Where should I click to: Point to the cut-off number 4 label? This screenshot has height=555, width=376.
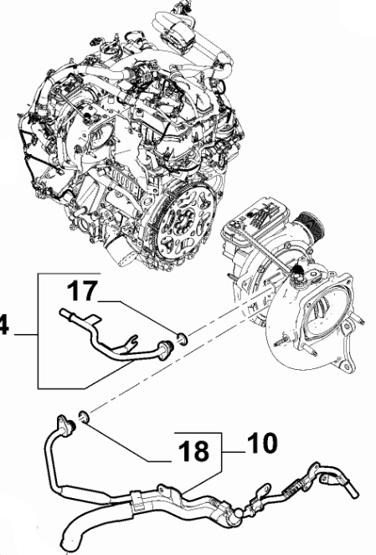coord(4,326)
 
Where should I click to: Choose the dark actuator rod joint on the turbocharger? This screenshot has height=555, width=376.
coord(296,273)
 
